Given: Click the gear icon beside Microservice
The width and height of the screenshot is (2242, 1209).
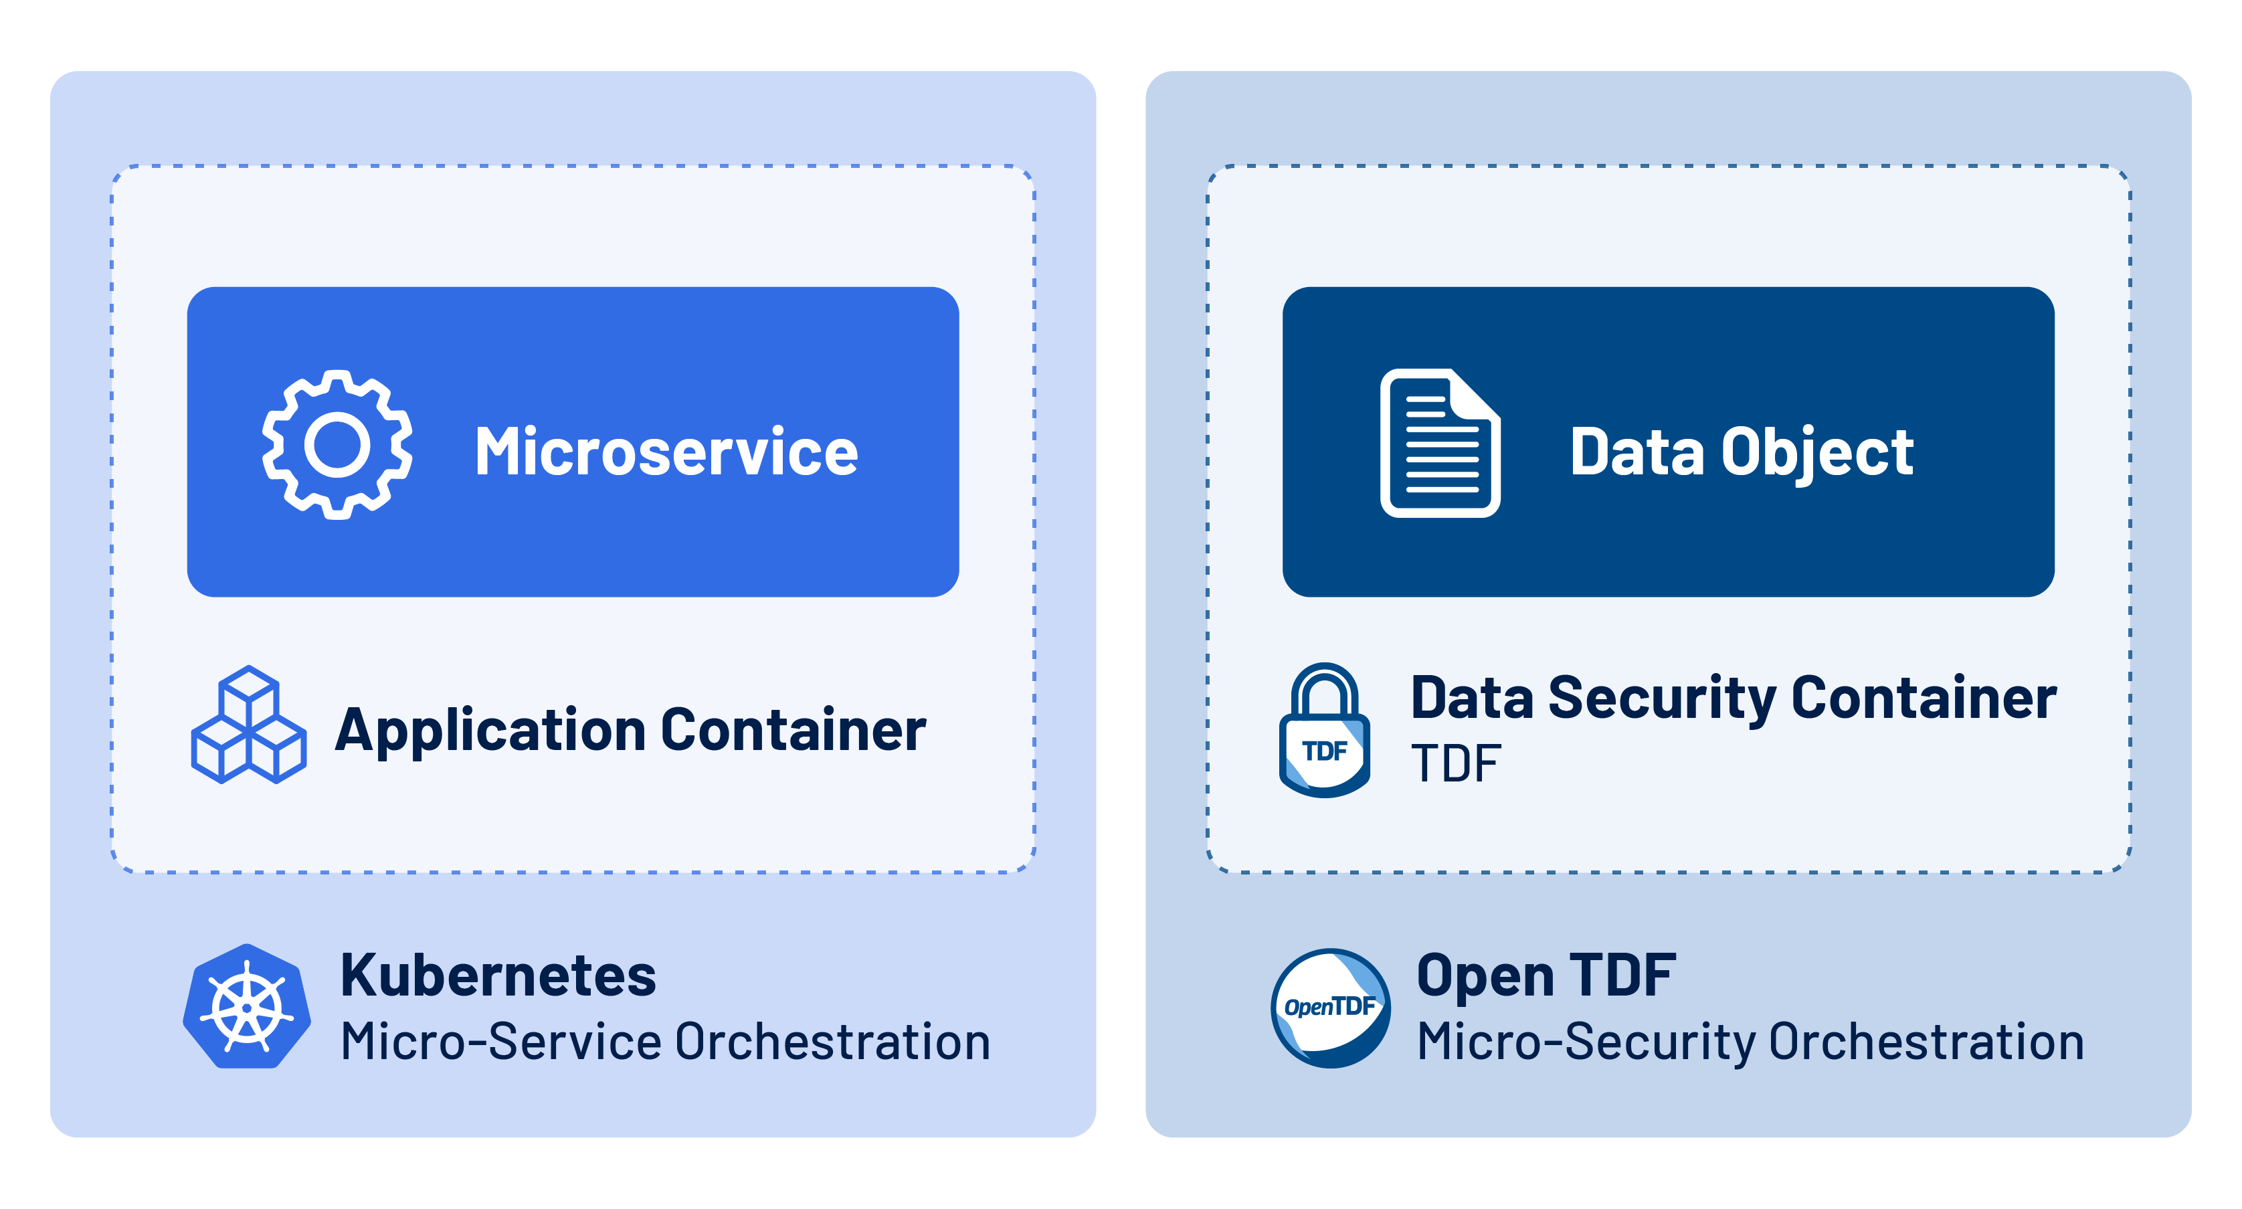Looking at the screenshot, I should coord(337,445).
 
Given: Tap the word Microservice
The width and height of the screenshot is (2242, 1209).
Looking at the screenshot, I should coord(666,452).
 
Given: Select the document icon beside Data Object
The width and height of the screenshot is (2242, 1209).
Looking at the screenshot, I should coord(1440,443).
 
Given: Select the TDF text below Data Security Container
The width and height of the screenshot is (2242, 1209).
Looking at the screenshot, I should coord(1455,764).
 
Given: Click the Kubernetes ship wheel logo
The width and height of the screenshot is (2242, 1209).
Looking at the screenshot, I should coord(247,1008).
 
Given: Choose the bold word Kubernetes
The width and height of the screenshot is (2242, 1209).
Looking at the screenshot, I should coord(498,975).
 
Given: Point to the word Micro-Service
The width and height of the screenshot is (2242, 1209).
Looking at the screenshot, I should coord(500,1042).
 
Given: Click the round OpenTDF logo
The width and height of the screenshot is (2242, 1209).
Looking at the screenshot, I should coord(1330,1008).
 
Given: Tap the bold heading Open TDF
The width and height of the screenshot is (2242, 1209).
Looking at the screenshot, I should coord(1546,975).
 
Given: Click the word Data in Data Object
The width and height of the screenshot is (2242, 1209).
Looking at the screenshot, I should coord(1637,452).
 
